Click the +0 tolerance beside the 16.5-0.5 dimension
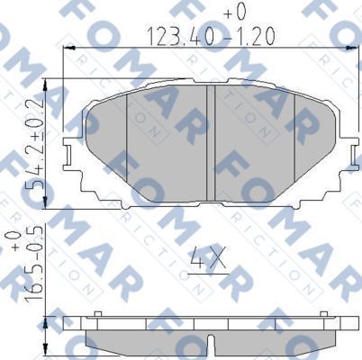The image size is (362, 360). pos(13,244)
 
